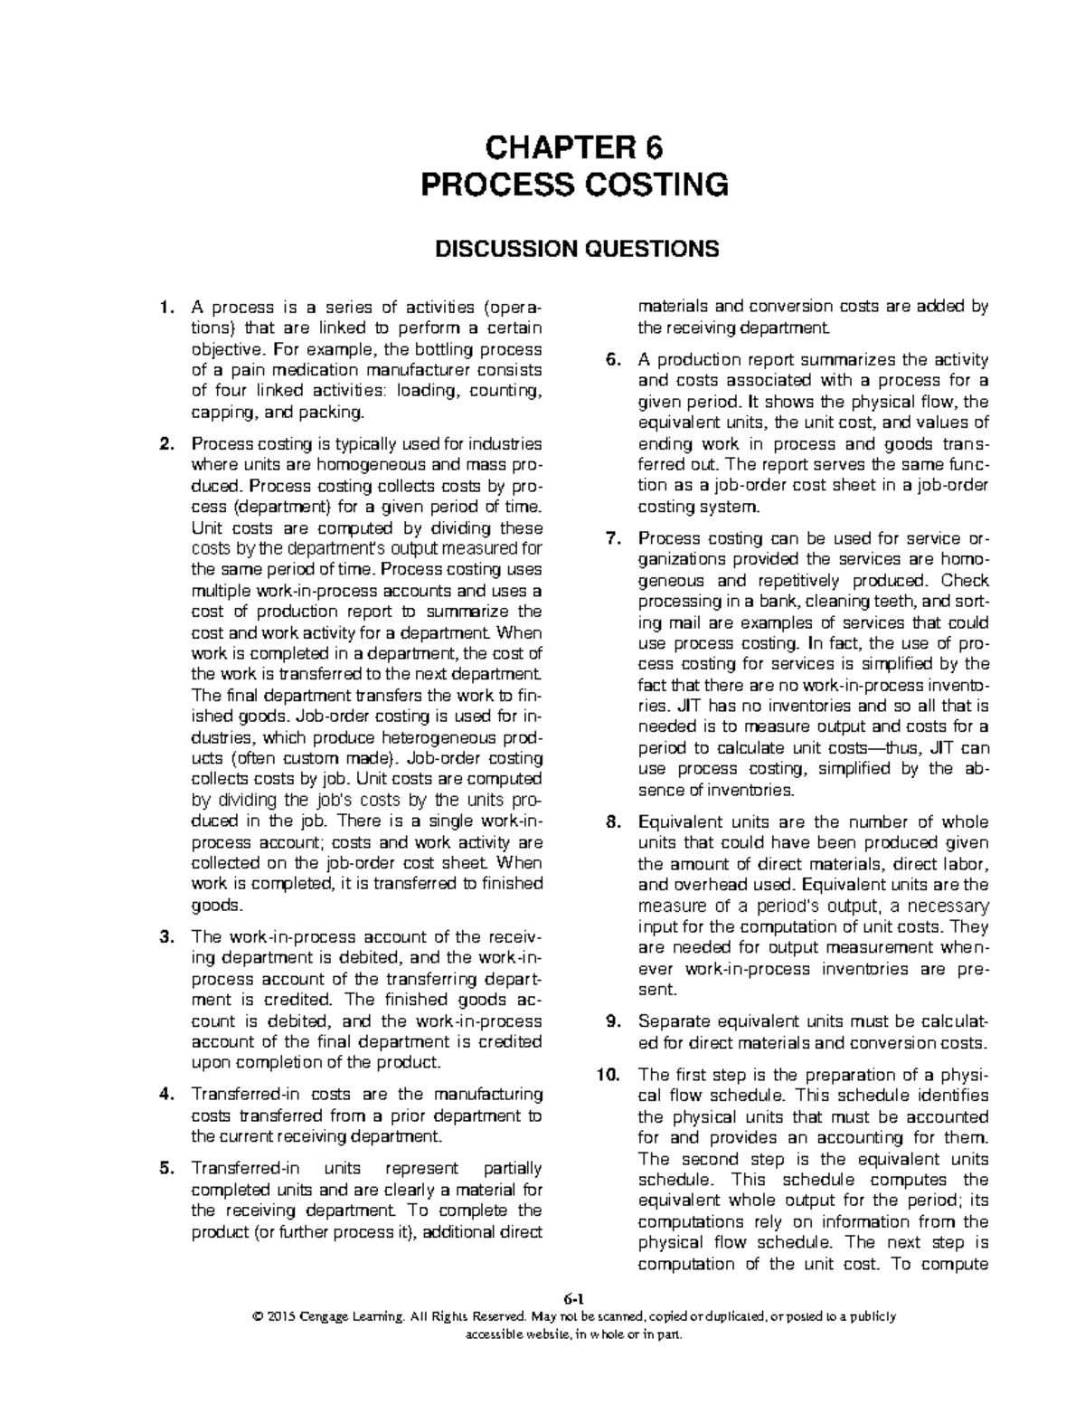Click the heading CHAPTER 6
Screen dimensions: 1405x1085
pos(575,147)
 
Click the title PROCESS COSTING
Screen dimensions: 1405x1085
pos(575,185)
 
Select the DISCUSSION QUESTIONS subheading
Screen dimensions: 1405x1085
pos(575,249)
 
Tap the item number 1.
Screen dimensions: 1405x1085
pos(165,308)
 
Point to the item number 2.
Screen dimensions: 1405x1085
pos(165,444)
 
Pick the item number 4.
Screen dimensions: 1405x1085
pos(165,1095)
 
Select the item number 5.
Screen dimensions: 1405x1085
pos(165,1168)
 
